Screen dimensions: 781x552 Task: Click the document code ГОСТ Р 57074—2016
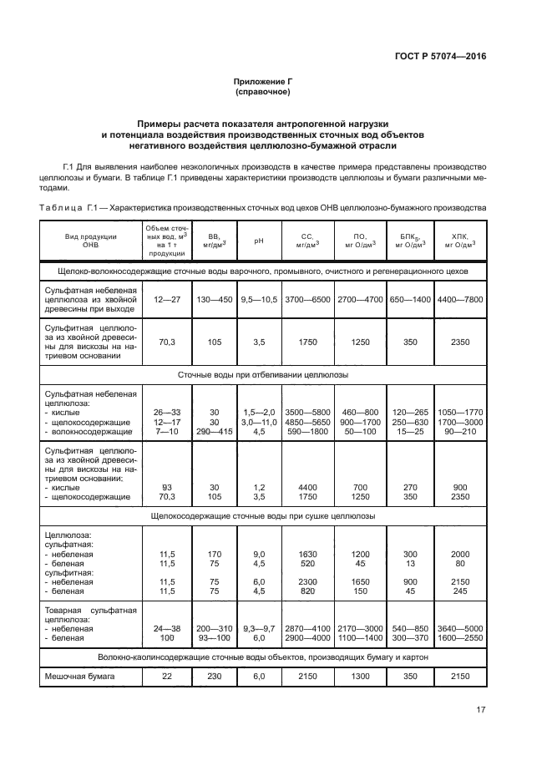[441, 56]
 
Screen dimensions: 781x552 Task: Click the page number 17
[480, 710]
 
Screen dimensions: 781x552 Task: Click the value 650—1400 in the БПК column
[409, 298]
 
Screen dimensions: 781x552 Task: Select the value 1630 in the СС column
[307, 554]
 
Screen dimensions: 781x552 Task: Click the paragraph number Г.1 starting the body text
[71, 168]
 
